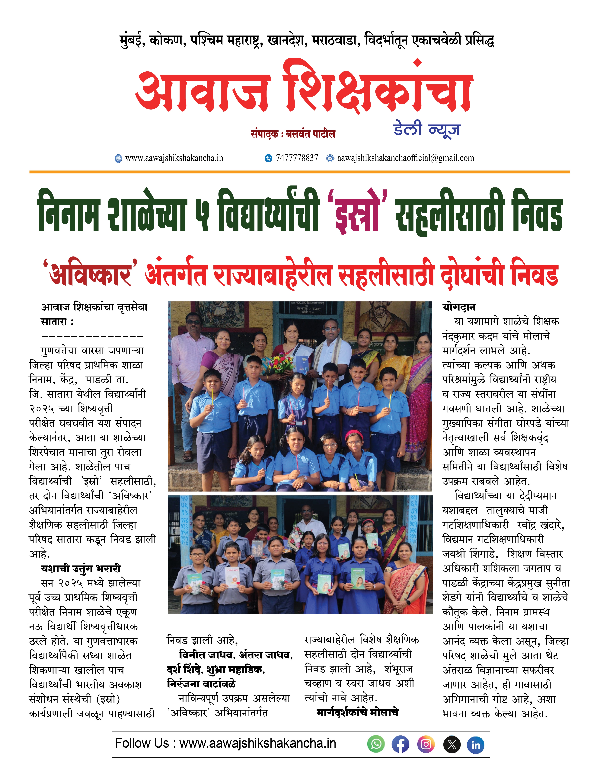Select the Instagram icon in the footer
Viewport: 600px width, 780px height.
(426, 745)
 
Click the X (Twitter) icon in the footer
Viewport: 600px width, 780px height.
(451, 745)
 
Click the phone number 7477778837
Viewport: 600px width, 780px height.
(296, 158)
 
